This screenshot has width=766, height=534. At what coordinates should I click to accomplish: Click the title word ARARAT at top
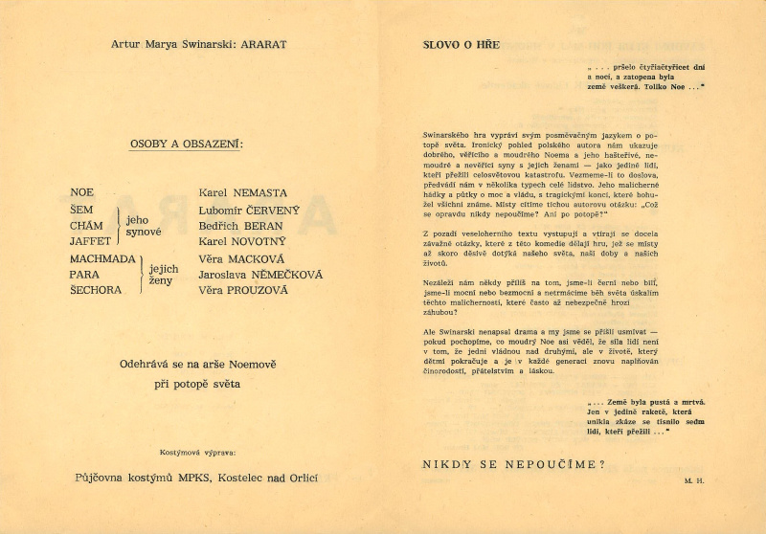coord(259,44)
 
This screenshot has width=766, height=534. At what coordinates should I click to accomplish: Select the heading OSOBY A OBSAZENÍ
coord(186,145)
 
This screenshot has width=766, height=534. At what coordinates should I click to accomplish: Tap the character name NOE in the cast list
coord(82,193)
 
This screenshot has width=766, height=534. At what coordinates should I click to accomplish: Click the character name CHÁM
coord(87,225)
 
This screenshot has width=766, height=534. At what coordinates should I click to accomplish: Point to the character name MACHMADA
coord(102,258)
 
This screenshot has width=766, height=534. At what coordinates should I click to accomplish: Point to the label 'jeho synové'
coord(144,226)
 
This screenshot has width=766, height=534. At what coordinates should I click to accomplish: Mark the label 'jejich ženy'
coord(164,275)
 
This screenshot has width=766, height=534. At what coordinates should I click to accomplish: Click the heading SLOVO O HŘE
coord(461,44)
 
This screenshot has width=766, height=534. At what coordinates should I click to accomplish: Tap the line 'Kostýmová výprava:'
coord(197,451)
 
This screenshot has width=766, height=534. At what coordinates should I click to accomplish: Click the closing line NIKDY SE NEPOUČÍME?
coord(513,464)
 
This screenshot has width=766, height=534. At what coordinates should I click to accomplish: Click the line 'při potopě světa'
coord(197,384)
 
